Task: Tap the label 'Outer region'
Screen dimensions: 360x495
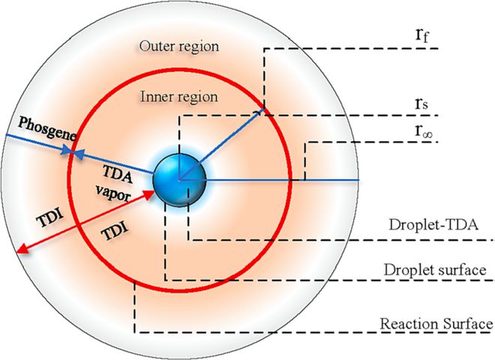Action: tap(178, 46)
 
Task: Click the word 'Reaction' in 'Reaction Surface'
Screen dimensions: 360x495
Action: tap(406, 324)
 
